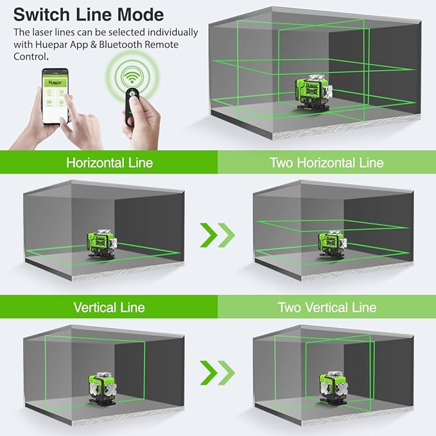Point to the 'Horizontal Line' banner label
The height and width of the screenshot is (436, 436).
[x=109, y=162]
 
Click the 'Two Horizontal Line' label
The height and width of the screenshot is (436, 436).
[x=326, y=162]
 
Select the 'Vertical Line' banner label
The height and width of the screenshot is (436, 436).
[x=109, y=307]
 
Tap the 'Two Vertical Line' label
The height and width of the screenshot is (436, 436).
[x=326, y=307]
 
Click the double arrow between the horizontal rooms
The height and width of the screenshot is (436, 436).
[x=218, y=235]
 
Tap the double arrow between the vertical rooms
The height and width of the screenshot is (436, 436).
[x=218, y=371]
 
